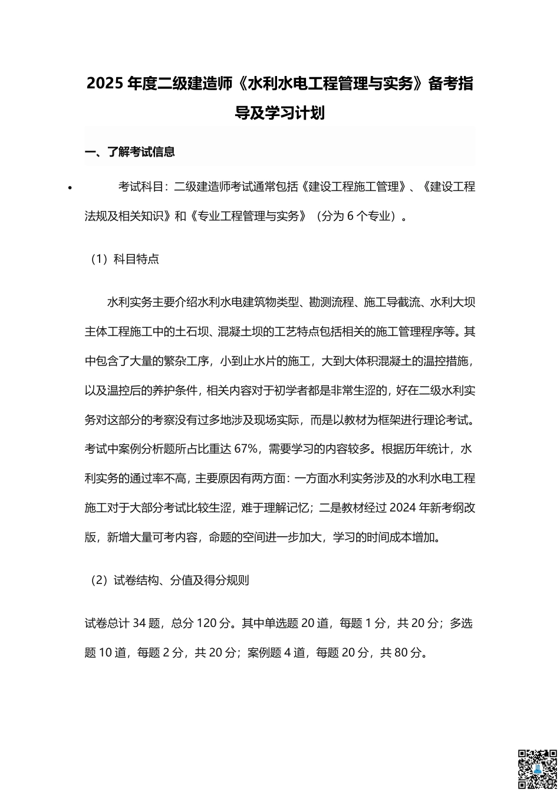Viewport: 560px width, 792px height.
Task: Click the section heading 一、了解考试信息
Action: pyautogui.click(x=130, y=152)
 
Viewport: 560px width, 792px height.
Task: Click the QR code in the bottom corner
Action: pyautogui.click(x=537, y=770)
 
